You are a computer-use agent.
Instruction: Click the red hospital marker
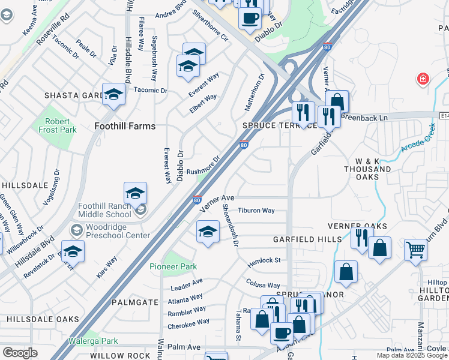(423, 79)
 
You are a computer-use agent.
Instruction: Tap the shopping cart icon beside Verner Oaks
(415, 249)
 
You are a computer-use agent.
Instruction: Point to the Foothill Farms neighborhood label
(125, 126)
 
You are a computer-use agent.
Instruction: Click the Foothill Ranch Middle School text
(104, 210)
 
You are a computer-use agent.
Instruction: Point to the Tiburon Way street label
(256, 211)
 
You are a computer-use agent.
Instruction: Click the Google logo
(20, 353)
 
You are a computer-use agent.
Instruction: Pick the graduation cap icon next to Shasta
(113, 94)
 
